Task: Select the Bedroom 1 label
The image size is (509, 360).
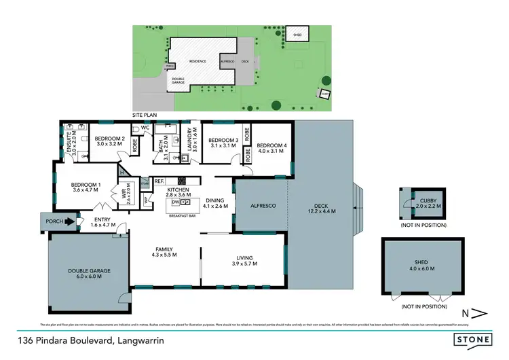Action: (86, 187)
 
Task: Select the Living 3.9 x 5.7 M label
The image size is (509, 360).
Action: (244, 260)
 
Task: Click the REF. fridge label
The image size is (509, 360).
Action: (159, 181)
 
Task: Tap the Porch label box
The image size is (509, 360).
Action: (55, 221)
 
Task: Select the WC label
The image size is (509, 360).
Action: (145, 127)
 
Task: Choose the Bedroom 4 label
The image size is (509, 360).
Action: (271, 147)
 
